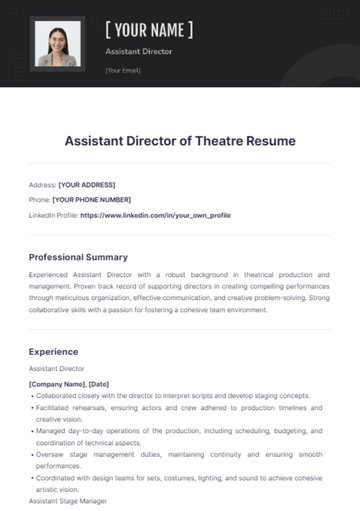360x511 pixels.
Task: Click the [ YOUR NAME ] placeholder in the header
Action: click(x=149, y=29)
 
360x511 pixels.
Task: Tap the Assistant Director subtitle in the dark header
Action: click(x=139, y=50)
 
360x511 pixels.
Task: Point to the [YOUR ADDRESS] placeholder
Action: click(x=88, y=185)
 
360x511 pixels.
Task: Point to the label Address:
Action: click(x=43, y=185)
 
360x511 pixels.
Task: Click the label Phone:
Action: click(x=40, y=199)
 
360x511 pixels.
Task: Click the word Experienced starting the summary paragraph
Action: click(x=54, y=273)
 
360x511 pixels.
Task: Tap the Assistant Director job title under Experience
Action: click(x=57, y=369)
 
